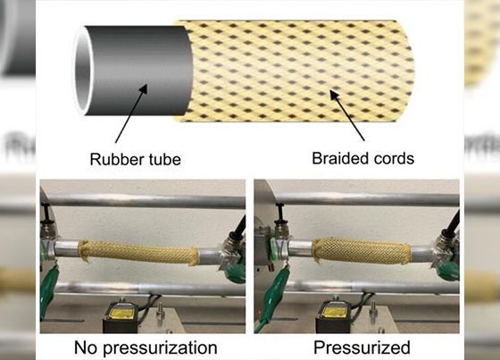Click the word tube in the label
pyautogui.click(x=164, y=159)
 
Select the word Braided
pyautogui.click(x=339, y=158)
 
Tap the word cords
pyautogui.click(x=394, y=158)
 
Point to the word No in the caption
pyautogui.click(x=85, y=347)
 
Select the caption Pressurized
pyautogui.click(x=362, y=347)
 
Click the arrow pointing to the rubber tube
pyautogui.click(x=131, y=113)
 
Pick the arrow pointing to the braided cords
pyautogui.click(x=347, y=115)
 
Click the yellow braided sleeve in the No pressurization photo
pyautogui.click(x=139, y=253)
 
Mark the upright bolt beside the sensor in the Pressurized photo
pyautogui.click(x=373, y=314)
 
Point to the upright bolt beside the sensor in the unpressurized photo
pyautogui.click(x=160, y=314)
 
